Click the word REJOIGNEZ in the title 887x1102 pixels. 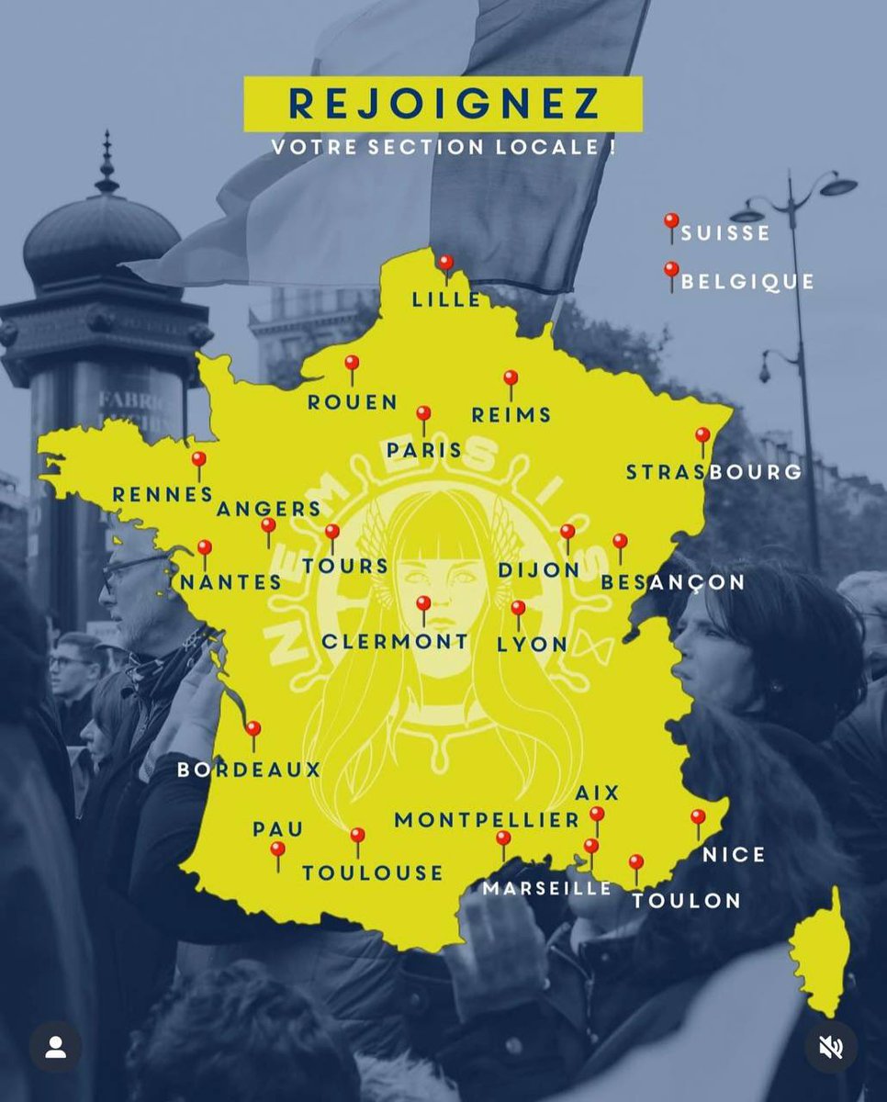443,104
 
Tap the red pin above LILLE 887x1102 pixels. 445,264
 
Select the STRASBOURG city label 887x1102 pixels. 713,472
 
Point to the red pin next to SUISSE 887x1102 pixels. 671,222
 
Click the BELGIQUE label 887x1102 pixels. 747,281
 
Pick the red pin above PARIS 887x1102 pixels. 423,414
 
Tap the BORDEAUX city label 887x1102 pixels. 249,770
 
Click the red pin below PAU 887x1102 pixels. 277,851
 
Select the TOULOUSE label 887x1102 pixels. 373,872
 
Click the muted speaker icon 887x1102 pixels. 831,1048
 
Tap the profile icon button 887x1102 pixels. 55,1048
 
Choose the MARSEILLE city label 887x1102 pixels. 547,888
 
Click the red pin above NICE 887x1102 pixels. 698,816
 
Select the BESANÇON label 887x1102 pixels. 673,582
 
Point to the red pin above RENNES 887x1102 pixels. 198,460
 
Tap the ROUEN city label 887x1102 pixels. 353,402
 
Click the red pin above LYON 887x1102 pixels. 518,609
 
